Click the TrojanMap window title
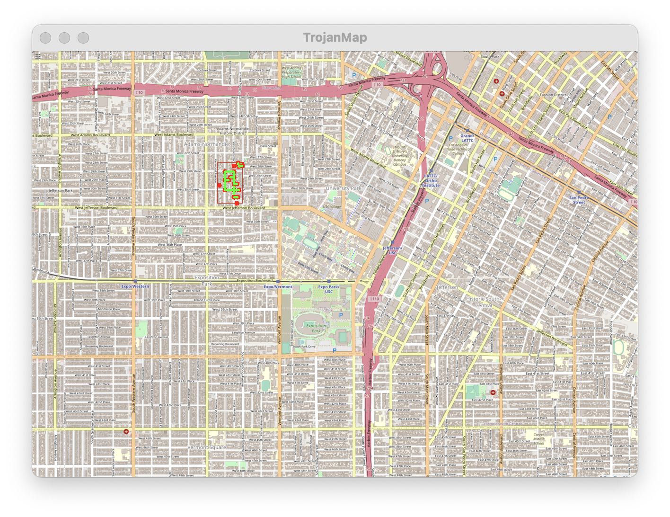[x=335, y=37]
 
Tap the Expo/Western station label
[x=135, y=286]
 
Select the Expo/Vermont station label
[x=278, y=287]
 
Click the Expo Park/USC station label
[x=328, y=289]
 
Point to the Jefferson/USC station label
[x=392, y=250]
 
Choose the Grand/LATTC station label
[x=467, y=138]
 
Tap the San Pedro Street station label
[x=579, y=200]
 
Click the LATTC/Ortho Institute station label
[x=431, y=180]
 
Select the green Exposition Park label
[x=316, y=328]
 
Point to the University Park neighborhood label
[x=344, y=188]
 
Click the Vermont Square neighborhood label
[x=207, y=447]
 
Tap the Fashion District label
[x=553, y=95]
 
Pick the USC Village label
[x=332, y=206]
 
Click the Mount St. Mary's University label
[x=400, y=155]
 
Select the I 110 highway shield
[x=374, y=299]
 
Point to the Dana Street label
[x=268, y=146]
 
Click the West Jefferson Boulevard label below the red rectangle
[x=244, y=208]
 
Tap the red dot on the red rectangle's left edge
[x=219, y=185]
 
